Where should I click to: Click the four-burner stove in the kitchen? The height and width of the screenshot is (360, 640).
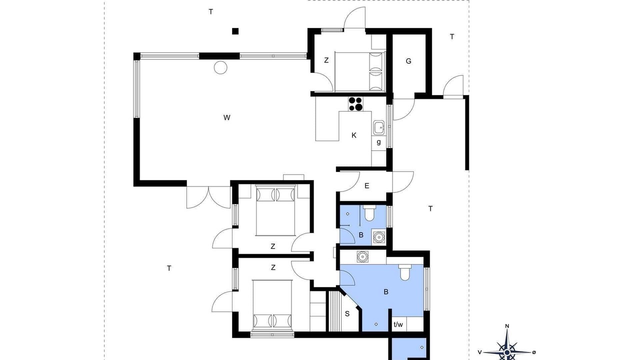[x=355, y=103]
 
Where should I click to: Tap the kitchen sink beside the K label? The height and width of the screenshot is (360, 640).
[x=379, y=127]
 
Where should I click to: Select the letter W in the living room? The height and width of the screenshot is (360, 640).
[x=226, y=117]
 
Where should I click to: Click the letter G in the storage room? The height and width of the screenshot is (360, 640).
[x=408, y=61]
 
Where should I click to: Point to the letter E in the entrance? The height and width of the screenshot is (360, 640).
[x=367, y=186]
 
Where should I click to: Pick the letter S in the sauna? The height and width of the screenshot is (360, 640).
[x=347, y=313]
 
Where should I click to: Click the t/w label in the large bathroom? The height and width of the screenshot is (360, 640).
[x=398, y=324]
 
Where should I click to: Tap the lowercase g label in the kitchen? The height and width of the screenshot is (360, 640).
[x=379, y=142]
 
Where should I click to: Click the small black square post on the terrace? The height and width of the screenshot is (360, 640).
[x=235, y=31]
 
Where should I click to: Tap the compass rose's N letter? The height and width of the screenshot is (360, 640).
[x=507, y=326]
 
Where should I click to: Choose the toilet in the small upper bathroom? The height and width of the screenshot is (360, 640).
[x=369, y=213]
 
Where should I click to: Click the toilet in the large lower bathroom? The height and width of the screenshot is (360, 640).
[x=404, y=272]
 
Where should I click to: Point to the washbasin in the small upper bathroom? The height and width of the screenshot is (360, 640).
[x=379, y=237]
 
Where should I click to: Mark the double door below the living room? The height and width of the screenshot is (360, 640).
[x=208, y=197]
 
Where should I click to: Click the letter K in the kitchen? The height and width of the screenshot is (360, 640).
[x=354, y=135]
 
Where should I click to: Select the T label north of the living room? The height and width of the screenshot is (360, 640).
[x=211, y=11]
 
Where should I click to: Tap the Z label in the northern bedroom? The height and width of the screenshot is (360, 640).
[x=326, y=60]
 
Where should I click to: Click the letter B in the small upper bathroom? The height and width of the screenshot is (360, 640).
[x=361, y=235]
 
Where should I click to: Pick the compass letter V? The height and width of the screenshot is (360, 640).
[x=479, y=352]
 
